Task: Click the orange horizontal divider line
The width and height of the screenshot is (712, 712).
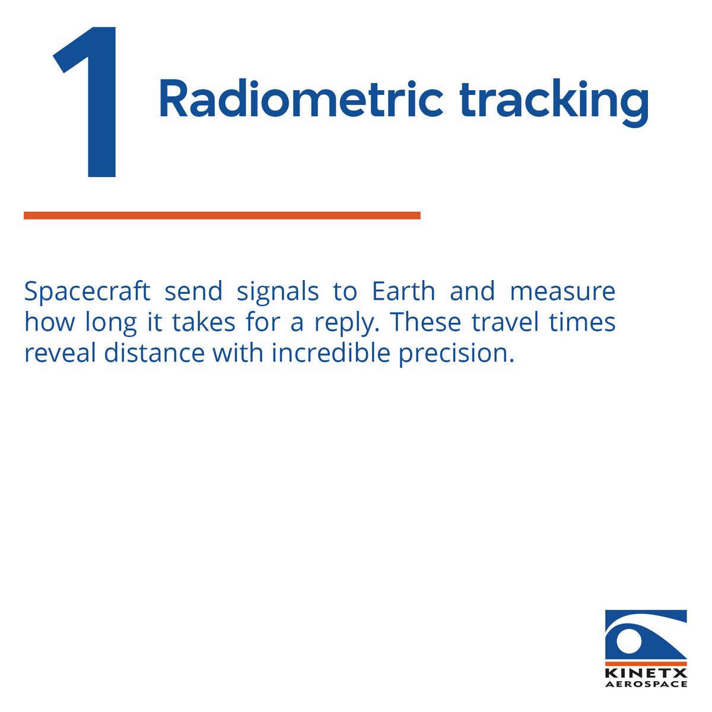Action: click(x=222, y=215)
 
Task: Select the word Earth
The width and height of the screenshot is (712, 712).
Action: click(x=403, y=292)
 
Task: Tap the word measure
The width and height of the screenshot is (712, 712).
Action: click(x=562, y=292)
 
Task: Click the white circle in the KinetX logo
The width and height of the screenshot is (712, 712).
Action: click(x=628, y=641)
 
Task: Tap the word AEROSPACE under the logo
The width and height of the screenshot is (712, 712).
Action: click(x=646, y=684)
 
